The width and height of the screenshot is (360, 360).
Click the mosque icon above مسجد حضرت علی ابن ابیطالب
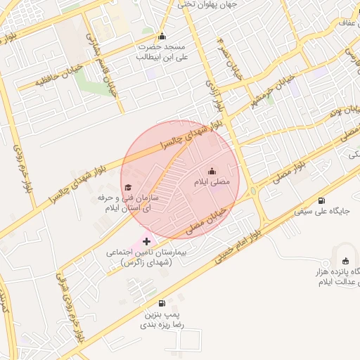pos(162,37)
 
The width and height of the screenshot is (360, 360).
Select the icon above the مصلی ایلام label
pos(212,172)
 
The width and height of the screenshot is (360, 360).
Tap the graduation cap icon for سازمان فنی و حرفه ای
pos(128,188)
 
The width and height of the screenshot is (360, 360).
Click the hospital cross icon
pos(146,241)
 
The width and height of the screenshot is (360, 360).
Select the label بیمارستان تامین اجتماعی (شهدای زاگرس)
pos(146,257)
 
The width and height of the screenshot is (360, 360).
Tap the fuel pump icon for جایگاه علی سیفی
pos(321,201)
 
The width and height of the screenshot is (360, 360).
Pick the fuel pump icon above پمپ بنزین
pos(162,303)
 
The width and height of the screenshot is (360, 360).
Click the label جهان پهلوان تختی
pos(207,5)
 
